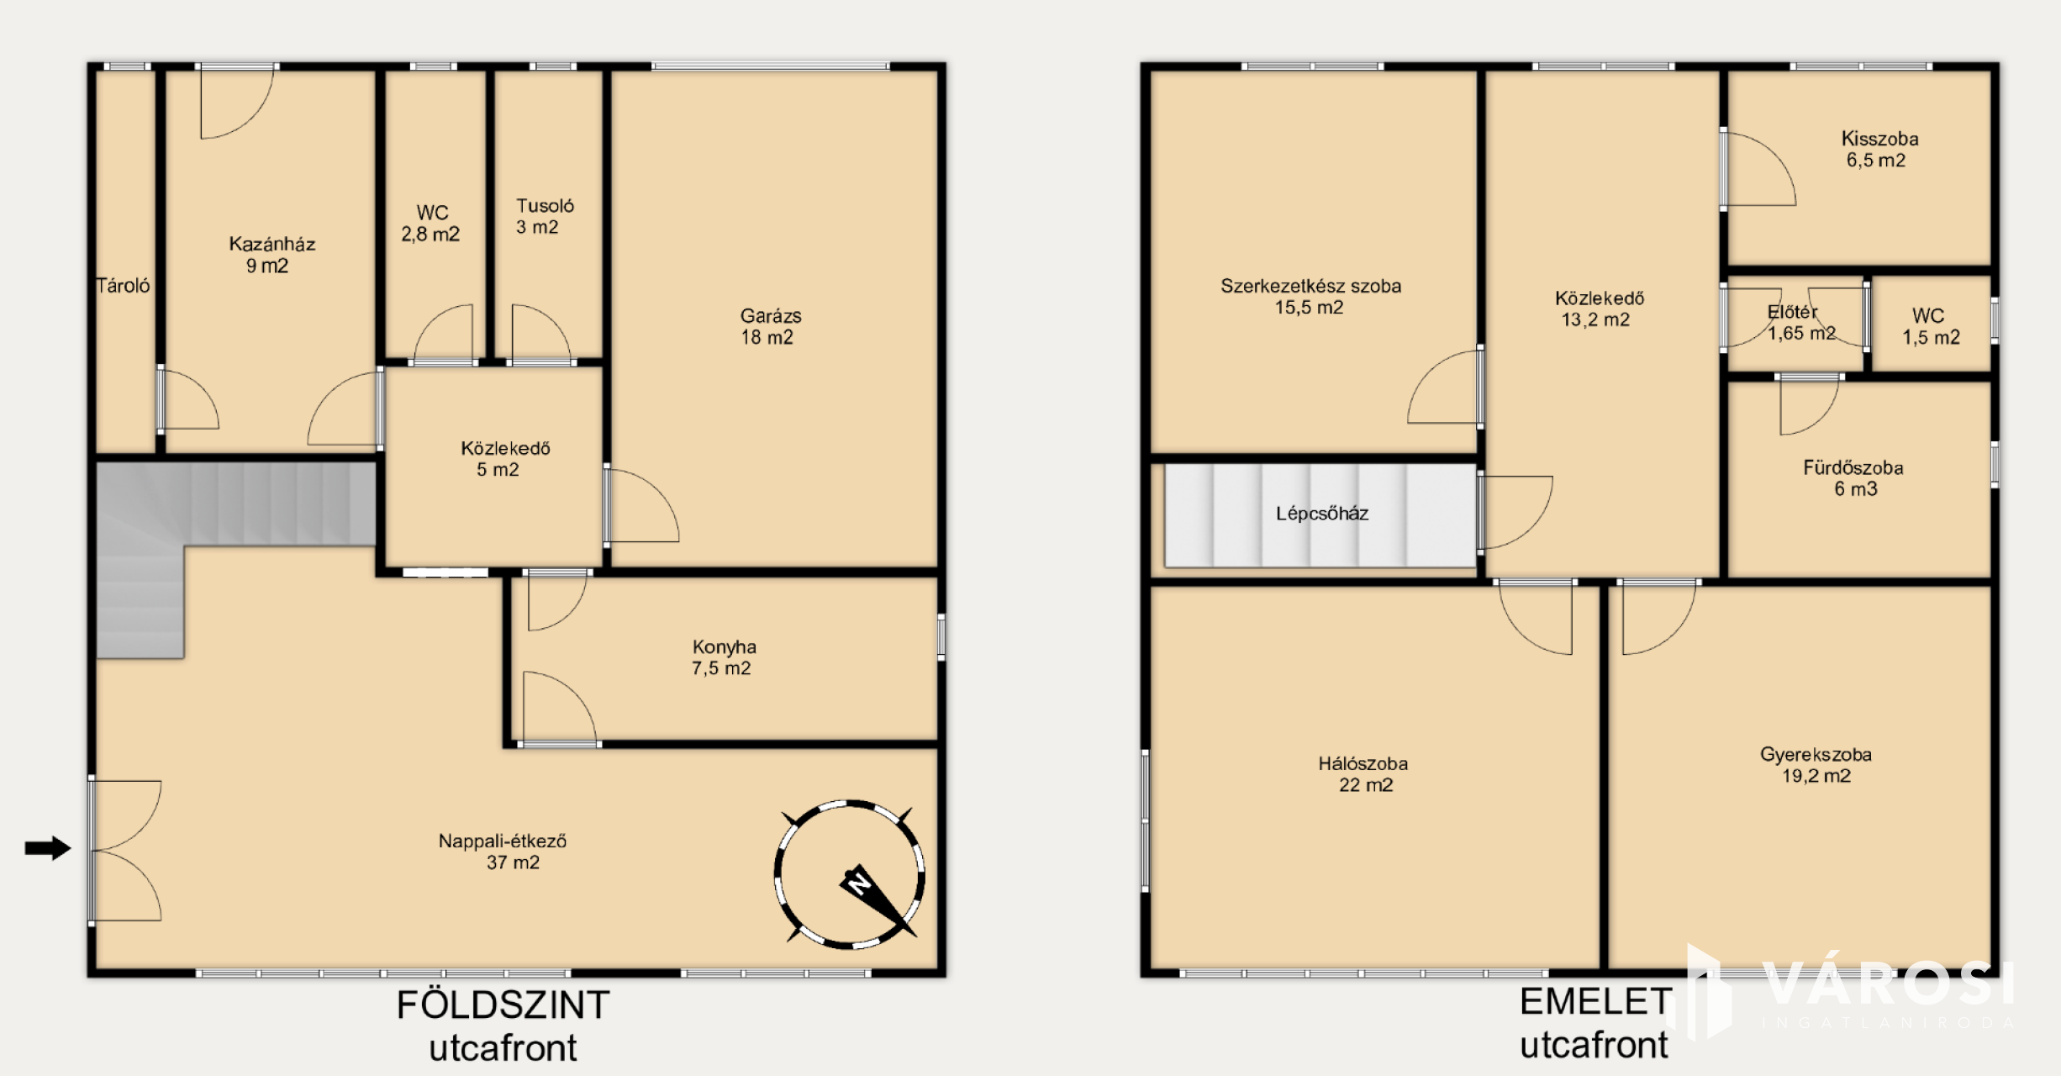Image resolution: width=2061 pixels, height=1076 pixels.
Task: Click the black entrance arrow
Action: [x=48, y=848]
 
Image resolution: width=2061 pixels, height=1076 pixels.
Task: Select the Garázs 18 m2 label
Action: [x=770, y=327]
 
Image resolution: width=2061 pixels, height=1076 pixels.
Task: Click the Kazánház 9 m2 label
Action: [x=271, y=255]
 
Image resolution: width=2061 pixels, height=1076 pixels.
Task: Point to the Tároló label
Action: [x=123, y=286]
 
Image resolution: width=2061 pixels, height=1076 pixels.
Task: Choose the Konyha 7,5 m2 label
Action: [x=724, y=657]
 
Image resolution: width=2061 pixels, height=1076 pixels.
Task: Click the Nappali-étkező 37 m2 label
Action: [x=503, y=852]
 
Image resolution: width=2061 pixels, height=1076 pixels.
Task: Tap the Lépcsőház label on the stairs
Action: [x=1322, y=514]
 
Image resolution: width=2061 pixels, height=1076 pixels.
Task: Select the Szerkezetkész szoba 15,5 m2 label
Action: [x=1310, y=296]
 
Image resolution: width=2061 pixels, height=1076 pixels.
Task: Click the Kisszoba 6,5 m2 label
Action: [x=1879, y=149]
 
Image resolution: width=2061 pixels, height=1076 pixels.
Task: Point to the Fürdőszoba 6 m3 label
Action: [x=1853, y=478]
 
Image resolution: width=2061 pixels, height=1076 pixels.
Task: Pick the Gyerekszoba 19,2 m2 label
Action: [x=1816, y=765]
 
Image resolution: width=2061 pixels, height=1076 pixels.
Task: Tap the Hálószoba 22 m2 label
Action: [x=1363, y=774]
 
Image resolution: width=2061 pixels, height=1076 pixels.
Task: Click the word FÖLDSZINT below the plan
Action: [x=503, y=1005]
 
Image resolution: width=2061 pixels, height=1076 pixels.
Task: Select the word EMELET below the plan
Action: [x=1595, y=1001]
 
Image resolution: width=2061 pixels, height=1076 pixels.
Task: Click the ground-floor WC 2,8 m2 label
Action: [x=431, y=224]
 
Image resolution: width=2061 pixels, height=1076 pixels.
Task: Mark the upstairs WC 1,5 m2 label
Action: [x=1931, y=327]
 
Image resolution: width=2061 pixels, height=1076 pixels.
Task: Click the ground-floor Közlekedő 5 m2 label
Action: [x=504, y=459]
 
